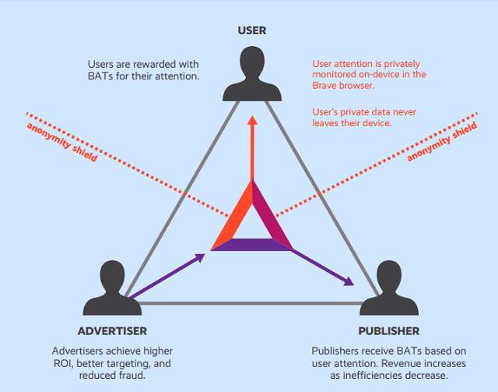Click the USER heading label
click(x=251, y=30)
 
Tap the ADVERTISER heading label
click(x=112, y=331)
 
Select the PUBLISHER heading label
click(x=389, y=331)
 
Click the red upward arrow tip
click(x=251, y=121)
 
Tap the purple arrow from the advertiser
click(x=167, y=274)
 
